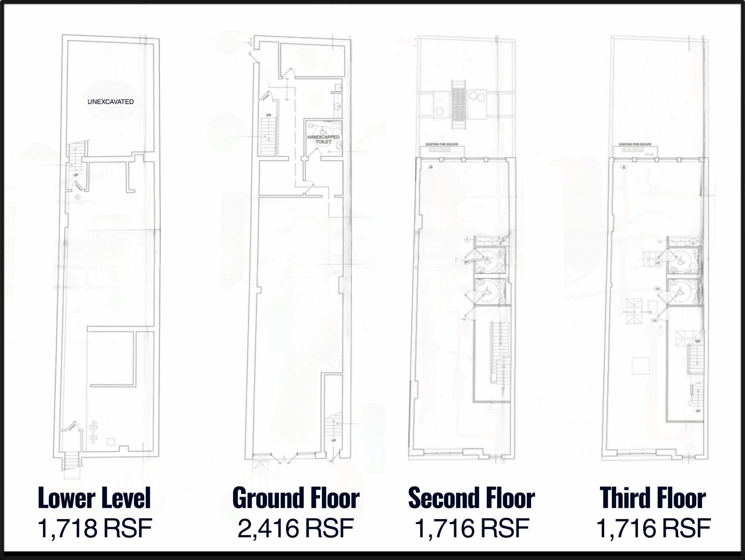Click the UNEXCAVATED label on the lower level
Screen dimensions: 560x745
(111, 102)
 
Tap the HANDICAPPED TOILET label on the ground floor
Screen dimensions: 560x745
(323, 139)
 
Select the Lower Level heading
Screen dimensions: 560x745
(94, 498)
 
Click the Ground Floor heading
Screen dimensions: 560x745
(296, 498)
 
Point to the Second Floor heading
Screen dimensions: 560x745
(471, 498)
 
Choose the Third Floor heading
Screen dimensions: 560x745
(653, 498)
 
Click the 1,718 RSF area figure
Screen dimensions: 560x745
(95, 528)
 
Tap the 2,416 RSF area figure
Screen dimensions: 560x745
(295, 528)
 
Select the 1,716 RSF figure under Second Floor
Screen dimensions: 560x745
(472, 528)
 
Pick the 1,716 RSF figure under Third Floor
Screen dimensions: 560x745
(653, 528)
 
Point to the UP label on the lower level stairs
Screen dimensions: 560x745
(76, 175)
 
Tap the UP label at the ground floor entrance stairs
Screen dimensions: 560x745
(334, 440)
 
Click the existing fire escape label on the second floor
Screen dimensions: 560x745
(442, 144)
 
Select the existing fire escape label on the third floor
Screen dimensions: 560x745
(635, 144)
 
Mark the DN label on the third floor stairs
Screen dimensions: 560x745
(697, 341)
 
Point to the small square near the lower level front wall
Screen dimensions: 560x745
(111, 442)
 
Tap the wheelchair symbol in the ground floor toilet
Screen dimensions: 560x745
(323, 130)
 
